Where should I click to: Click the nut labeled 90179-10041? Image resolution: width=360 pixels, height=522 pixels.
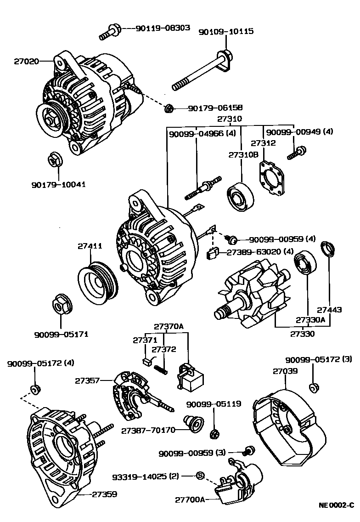[55, 161]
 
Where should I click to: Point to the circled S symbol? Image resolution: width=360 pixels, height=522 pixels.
[200, 476]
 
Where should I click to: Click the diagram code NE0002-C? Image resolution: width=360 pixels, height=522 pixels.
[337, 505]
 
